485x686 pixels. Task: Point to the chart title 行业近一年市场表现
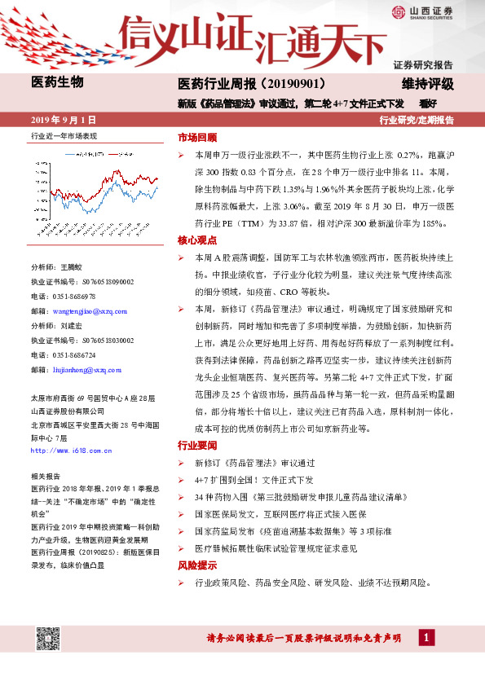pos(64,136)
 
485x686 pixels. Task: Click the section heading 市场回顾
pos(197,137)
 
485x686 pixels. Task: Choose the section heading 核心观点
pos(197,240)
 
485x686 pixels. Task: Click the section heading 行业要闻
pos(197,446)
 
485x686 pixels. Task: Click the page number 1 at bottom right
pos(425,636)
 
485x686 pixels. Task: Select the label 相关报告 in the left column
pos(44,475)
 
